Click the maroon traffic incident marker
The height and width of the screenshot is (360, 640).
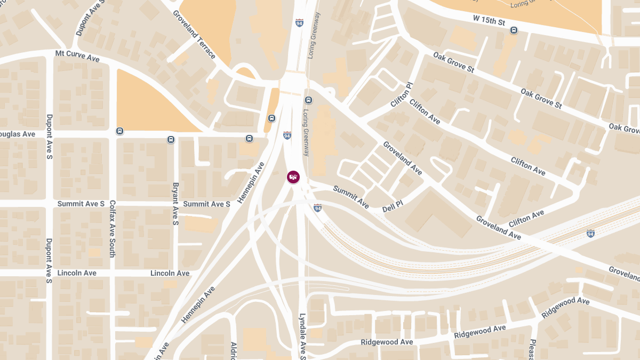[x=293, y=177]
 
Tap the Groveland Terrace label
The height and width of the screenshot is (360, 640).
[x=194, y=35]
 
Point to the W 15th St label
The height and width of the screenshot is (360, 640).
[x=489, y=20]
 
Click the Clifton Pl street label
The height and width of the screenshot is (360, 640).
[x=402, y=94]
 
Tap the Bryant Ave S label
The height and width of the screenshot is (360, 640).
[x=175, y=204]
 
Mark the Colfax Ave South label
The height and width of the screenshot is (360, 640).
[x=113, y=229]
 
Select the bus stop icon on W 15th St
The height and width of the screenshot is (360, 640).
[x=514, y=30]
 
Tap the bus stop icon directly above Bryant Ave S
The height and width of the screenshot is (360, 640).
[x=171, y=140]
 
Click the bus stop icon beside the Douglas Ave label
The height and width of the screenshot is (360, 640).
[x=119, y=131]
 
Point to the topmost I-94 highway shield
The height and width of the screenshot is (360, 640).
[x=299, y=23]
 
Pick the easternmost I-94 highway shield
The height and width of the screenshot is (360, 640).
[x=590, y=234]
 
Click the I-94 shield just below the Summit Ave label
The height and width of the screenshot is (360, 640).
[x=318, y=207]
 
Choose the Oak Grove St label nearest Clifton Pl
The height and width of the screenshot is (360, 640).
[x=453, y=62]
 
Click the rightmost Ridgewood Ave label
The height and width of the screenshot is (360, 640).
[x=565, y=308]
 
